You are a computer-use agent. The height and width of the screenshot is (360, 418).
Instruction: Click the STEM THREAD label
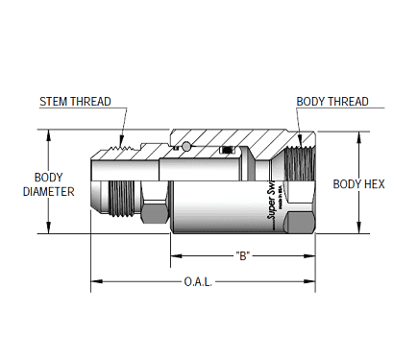click(x=76, y=101)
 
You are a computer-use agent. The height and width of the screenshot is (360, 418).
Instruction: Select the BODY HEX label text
click(x=358, y=184)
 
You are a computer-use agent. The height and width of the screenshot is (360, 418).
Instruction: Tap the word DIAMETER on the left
click(x=48, y=191)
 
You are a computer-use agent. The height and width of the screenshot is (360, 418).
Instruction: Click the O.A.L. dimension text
click(x=197, y=283)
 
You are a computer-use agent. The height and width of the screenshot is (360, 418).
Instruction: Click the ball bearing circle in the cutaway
click(x=184, y=147)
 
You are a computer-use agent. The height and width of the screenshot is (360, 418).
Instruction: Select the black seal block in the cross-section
click(x=227, y=150)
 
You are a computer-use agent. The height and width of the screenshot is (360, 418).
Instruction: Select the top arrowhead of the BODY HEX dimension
click(x=357, y=135)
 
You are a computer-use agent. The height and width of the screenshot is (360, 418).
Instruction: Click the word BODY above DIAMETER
click(x=48, y=178)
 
